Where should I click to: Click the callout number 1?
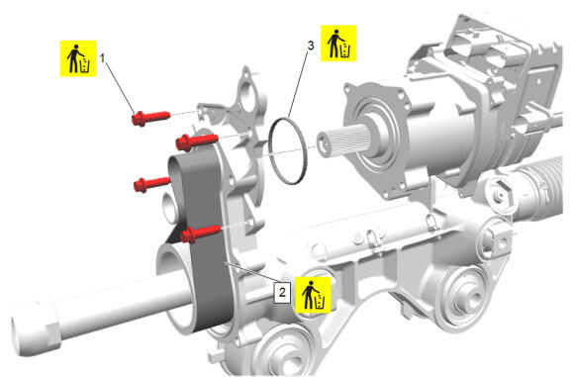click(x=103, y=58)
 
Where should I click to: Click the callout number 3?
click(x=311, y=46)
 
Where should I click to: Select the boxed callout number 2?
click(x=282, y=293)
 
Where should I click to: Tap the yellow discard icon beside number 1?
click(x=78, y=58)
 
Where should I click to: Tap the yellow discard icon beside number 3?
click(x=338, y=44)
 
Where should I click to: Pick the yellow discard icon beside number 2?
click(x=313, y=295)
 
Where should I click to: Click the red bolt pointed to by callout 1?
click(x=150, y=118)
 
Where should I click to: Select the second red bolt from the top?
click(x=197, y=142)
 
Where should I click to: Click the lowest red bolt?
click(x=200, y=234)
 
